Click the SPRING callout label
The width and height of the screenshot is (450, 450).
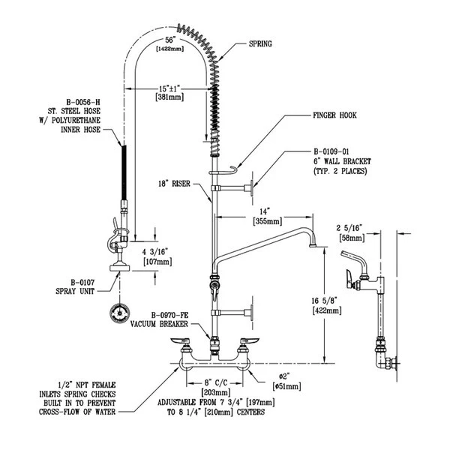click(260, 44)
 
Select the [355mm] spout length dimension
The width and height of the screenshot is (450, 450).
click(266, 221)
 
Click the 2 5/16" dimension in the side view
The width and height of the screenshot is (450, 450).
click(350, 226)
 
